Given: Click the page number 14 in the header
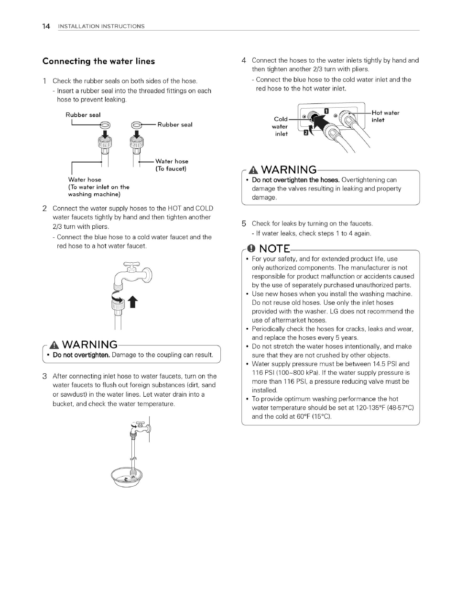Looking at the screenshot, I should [x=46, y=26].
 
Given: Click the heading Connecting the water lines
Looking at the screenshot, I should [x=98, y=61].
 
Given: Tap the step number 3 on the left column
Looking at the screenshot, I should [x=44, y=376].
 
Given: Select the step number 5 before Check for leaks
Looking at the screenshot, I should [x=244, y=223].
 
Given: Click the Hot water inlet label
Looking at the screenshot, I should [x=385, y=116].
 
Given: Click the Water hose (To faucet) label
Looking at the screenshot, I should [x=171, y=165].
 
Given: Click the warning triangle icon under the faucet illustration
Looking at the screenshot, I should [x=54, y=345].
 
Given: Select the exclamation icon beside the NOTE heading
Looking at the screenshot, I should [x=250, y=248].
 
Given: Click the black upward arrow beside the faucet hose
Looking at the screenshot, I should [x=133, y=303].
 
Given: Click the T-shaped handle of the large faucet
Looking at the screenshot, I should [x=131, y=264].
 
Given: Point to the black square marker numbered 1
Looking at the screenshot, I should [x=326, y=112].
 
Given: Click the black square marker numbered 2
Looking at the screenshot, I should [x=306, y=134].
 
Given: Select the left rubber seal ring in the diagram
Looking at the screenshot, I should [x=105, y=125].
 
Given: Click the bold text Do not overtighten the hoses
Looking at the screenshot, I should [x=295, y=180].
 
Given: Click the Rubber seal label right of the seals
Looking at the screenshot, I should [x=174, y=125].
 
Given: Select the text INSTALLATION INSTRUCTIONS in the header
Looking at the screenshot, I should [x=101, y=26].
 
